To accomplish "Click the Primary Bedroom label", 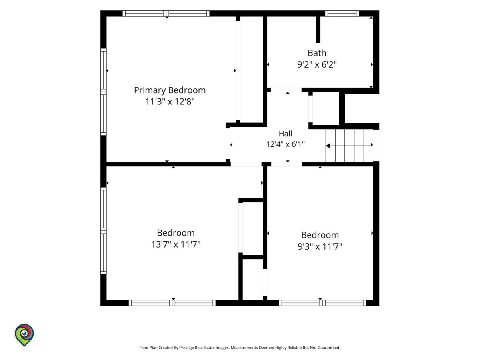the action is [x=170, y=90].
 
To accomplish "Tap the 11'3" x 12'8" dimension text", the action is [x=170, y=102].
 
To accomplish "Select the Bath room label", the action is [x=317, y=53].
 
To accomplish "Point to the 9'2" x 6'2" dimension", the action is [x=317, y=64].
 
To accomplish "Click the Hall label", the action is [x=285, y=133].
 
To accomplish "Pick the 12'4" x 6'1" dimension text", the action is [x=285, y=144].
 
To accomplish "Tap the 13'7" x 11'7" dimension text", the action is [x=176, y=244].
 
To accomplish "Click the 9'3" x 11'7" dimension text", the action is [x=320, y=246].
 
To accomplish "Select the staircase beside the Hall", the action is [x=350, y=146].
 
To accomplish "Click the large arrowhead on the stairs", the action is [x=328, y=146].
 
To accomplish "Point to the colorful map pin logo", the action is [x=24, y=335].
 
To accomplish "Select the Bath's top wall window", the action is [x=342, y=13].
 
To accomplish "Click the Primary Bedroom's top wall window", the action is [x=166, y=13].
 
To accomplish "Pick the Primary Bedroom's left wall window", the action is [x=104, y=92].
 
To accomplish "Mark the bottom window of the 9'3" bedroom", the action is [x=322, y=303].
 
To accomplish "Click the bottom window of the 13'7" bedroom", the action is [x=172, y=303].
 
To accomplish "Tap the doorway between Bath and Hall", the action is [x=286, y=90].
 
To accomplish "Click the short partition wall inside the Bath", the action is [x=318, y=30].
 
